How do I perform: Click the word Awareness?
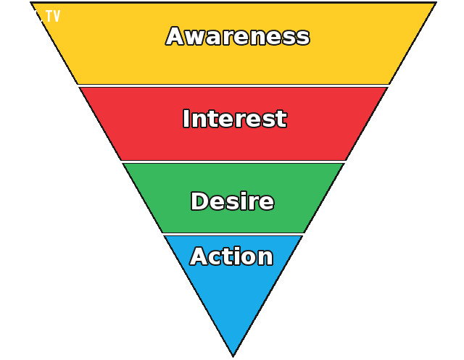coord(238,36)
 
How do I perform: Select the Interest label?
coord(235,119)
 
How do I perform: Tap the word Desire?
coord(233,201)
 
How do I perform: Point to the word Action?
coord(231,256)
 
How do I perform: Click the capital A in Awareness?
coord(177,36)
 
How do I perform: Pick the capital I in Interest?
coord(186,119)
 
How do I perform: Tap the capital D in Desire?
coord(200,201)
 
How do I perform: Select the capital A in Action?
coord(201,256)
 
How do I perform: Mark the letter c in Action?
coord(219,259)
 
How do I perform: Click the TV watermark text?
coord(53,16)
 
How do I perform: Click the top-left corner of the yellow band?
coord(31,3)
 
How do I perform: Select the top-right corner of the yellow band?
coord(436,3)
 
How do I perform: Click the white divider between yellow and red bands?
coord(233,85)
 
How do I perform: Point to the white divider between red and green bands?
coord(233,162)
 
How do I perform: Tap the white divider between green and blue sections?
coord(233,235)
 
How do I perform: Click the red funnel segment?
coord(233,142)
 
